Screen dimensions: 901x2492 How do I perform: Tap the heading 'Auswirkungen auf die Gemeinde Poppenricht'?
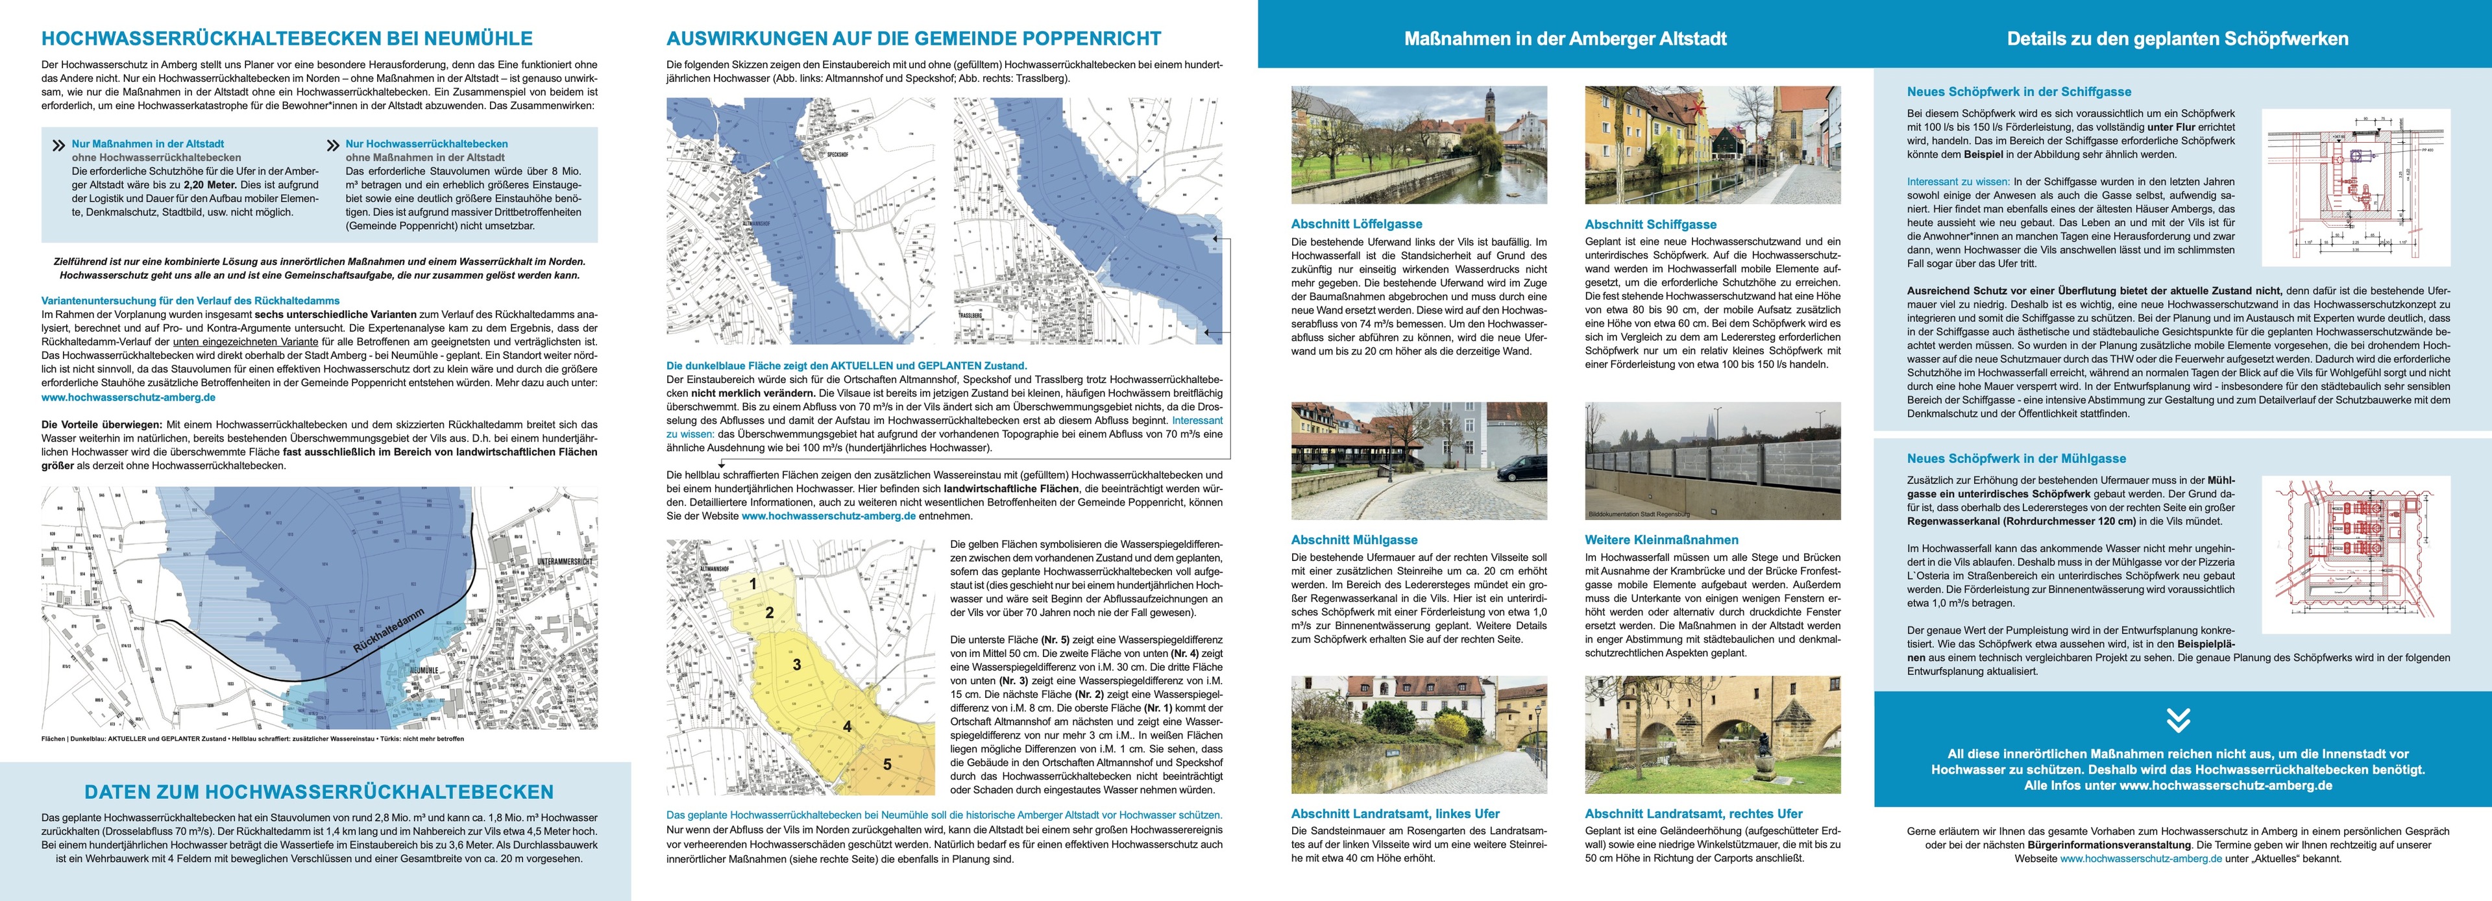click(x=913, y=39)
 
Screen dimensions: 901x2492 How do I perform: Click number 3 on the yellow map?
click(x=796, y=665)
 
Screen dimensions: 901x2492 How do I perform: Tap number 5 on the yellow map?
click(x=887, y=765)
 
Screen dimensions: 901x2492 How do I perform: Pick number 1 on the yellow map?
click(x=753, y=584)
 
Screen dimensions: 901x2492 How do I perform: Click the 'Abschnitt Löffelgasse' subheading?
click(x=1356, y=223)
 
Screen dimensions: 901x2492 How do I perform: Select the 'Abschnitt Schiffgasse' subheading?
click(x=1650, y=223)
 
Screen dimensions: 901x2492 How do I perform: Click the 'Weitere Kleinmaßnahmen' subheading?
click(x=1661, y=540)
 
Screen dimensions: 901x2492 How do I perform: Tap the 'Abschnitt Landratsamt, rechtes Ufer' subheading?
click(x=1693, y=814)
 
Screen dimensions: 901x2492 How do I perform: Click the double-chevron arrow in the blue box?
click(x=2178, y=720)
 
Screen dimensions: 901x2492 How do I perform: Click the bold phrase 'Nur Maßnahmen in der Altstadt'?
click(x=147, y=143)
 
